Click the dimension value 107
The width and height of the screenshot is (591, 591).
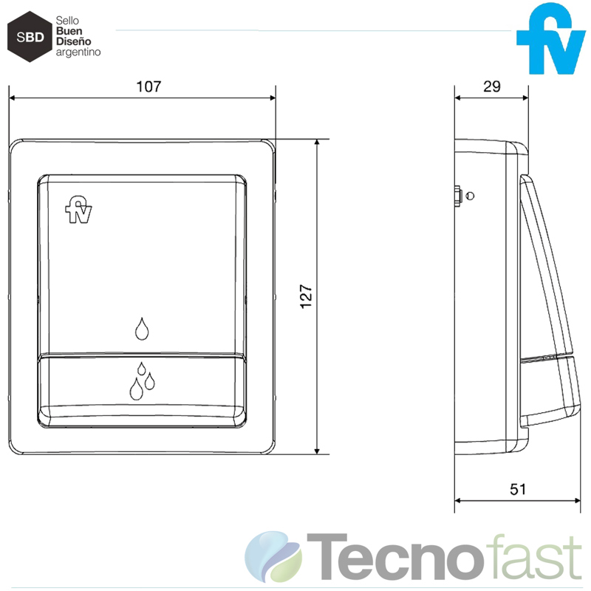click(x=148, y=86)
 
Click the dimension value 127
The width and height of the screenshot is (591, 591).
click(x=307, y=295)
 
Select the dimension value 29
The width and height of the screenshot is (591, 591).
click(x=491, y=86)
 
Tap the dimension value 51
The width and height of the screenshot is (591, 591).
click(x=517, y=488)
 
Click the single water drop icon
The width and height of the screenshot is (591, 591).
click(x=142, y=329)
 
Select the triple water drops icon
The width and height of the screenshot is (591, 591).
click(x=141, y=381)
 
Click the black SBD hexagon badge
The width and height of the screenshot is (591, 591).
click(x=28, y=35)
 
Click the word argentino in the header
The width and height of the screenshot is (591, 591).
click(x=78, y=53)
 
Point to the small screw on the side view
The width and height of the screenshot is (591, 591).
click(x=462, y=197)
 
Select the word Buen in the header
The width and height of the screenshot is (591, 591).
click(x=69, y=33)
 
